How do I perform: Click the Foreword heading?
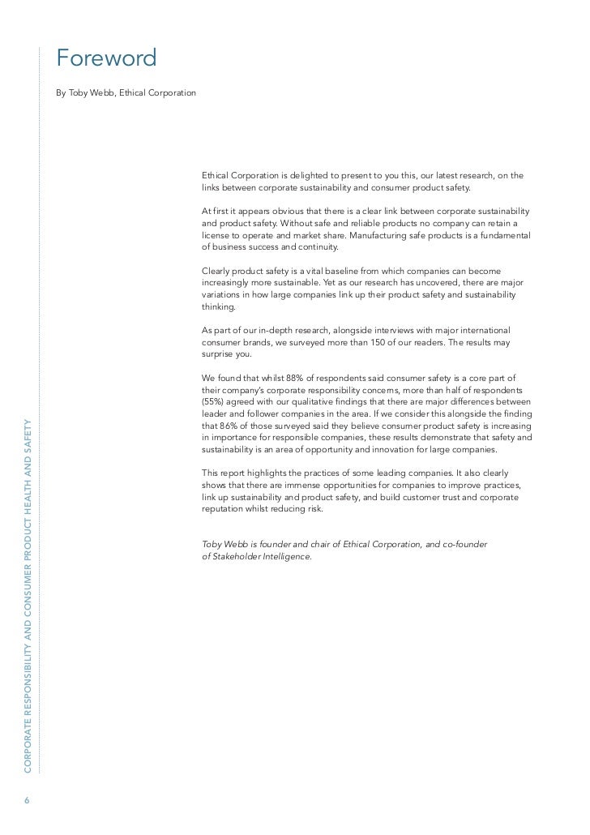[105, 59]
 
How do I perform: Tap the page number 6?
[27, 799]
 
